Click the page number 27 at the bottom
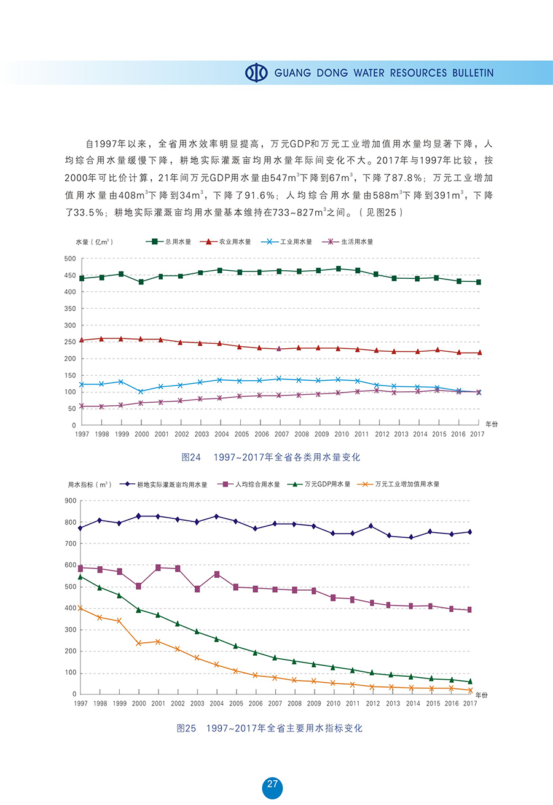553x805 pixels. point(272,784)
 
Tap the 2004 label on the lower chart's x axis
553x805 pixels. point(216,704)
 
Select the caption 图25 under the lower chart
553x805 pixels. point(186,728)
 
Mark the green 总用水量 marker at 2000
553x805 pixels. point(141,282)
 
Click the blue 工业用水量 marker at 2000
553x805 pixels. point(141,391)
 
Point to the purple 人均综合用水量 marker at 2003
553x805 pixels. point(197,589)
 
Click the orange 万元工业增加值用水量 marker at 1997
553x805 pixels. point(80,608)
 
